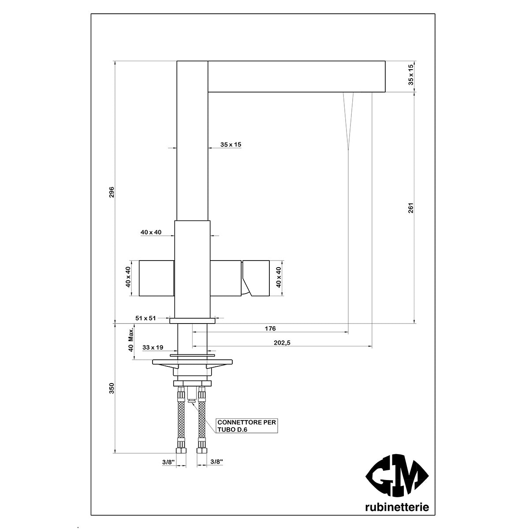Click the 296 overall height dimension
click(x=112, y=192)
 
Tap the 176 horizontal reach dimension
click(x=270, y=328)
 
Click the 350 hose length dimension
click(x=112, y=388)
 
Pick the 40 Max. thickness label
click(x=131, y=340)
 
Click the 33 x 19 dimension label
click(x=151, y=347)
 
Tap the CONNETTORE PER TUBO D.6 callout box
click(x=247, y=425)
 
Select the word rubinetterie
click(x=397, y=507)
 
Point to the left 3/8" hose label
click(x=168, y=462)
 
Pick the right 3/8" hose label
click(x=216, y=462)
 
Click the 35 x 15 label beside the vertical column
click(x=231, y=144)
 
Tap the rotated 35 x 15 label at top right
click(x=410, y=75)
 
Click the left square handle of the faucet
click(x=157, y=278)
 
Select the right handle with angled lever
click(x=255, y=278)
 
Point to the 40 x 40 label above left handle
click(x=151, y=232)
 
